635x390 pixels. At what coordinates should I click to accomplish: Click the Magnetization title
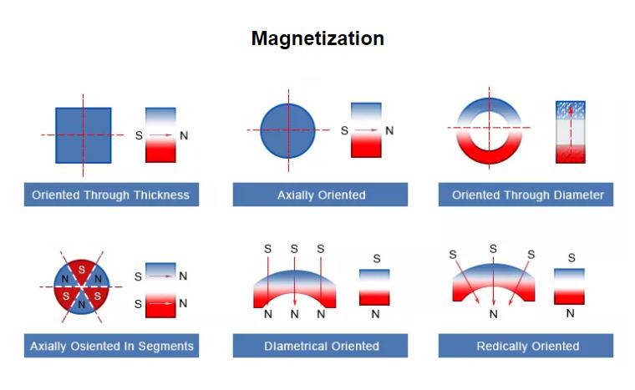pos(317,39)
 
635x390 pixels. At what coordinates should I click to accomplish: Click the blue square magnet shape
pos(84,134)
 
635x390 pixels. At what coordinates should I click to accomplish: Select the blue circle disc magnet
pos(287,131)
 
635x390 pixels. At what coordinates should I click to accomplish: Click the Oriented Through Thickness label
pos(110,195)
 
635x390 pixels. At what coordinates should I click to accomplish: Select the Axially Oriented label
pos(321,195)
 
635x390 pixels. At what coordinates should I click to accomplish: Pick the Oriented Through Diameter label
pos(527,195)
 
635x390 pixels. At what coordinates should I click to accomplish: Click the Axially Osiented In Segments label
pos(111,346)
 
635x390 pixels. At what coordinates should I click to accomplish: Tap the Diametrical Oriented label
pos(321,346)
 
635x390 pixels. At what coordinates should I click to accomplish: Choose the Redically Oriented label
pos(527,346)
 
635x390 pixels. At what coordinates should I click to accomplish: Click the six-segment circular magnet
pos(81,286)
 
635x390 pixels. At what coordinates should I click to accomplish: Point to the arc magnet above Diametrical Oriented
pos(294,286)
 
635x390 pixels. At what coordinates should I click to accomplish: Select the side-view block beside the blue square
pos(160,134)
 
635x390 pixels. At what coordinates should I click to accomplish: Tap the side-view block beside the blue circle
pos(366,130)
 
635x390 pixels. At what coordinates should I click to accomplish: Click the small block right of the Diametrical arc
pos(374,286)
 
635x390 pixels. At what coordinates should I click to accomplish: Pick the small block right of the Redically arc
pos(570,286)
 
